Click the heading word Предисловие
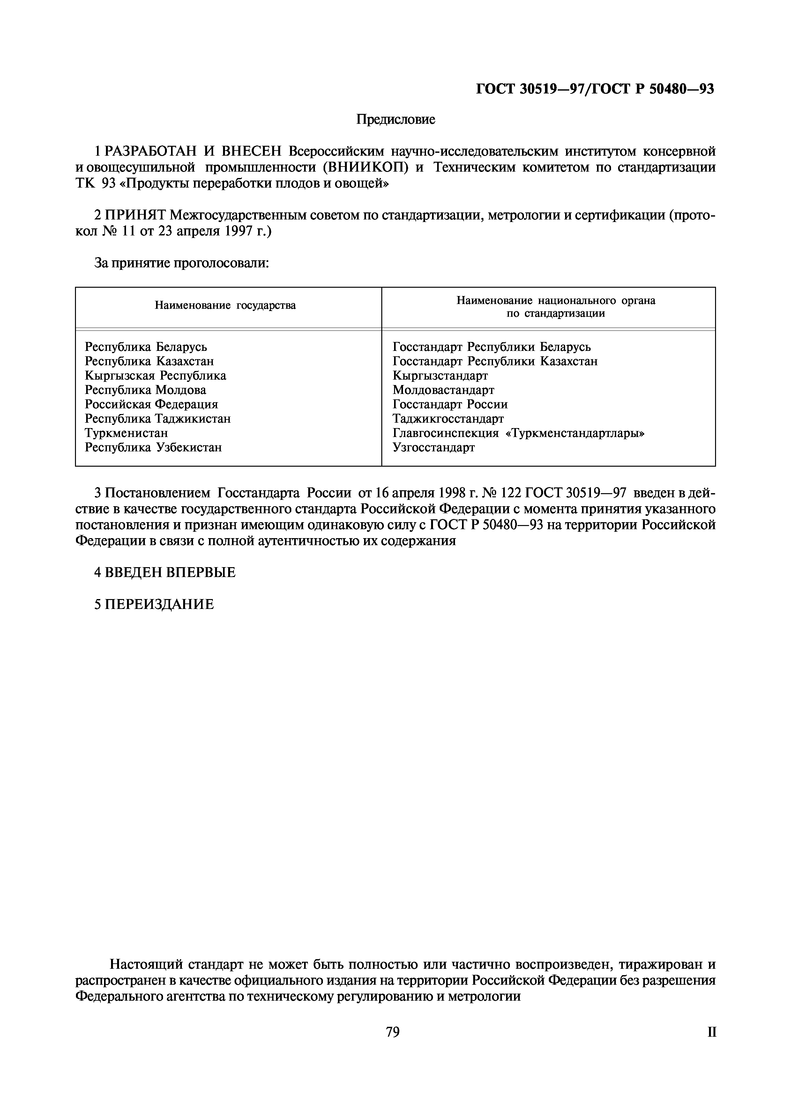(395, 119)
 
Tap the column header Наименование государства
(225, 306)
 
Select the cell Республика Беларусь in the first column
(146, 347)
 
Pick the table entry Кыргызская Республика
(155, 376)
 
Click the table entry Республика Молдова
(145, 390)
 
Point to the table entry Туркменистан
(126, 433)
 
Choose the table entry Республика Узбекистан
(153, 448)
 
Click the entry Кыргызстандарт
(440, 376)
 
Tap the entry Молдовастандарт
(443, 390)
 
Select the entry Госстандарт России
(450, 404)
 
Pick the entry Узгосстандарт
(433, 448)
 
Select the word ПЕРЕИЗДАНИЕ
(159, 605)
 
